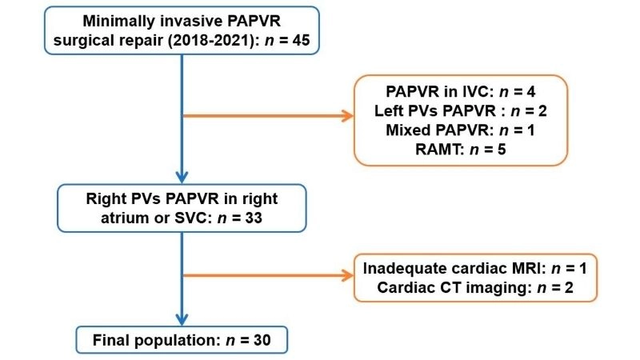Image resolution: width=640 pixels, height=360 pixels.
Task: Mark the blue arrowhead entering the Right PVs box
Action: coord(182,178)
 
